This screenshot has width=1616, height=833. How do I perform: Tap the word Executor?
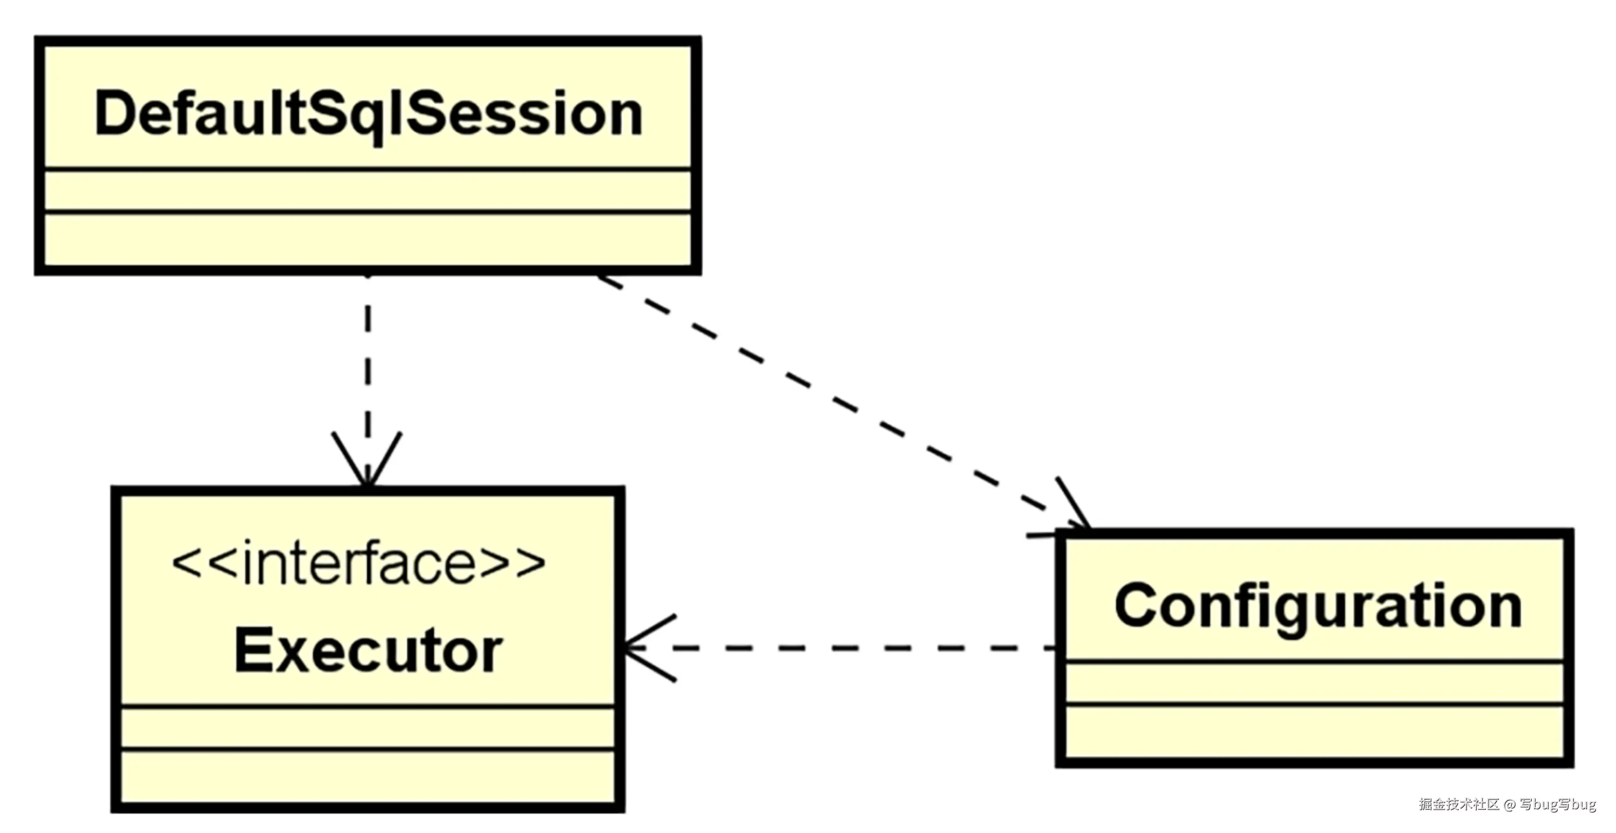pyautogui.click(x=368, y=651)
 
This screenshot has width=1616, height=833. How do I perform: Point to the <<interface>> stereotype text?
pyautogui.click(x=358, y=564)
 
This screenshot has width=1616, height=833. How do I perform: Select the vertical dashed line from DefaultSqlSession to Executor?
pyautogui.click(x=367, y=364)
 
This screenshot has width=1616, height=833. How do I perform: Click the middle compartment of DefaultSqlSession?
pyautogui.click(x=368, y=190)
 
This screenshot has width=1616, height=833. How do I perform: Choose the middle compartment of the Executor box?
pyautogui.click(x=368, y=728)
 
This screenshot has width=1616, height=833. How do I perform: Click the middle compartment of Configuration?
pyautogui.click(x=1315, y=683)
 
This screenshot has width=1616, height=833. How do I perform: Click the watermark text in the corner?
pyautogui.click(x=1507, y=804)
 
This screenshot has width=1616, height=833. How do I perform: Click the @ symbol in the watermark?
pyautogui.click(x=1509, y=805)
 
